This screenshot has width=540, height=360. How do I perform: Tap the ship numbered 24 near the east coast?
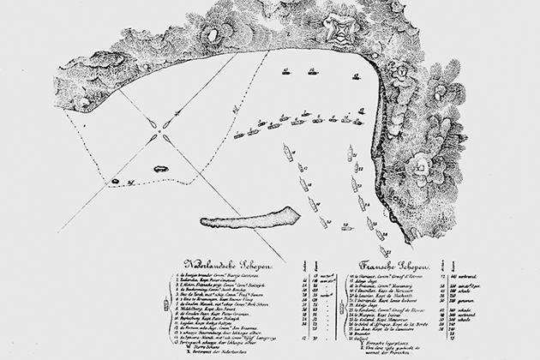(x=361, y=203)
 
